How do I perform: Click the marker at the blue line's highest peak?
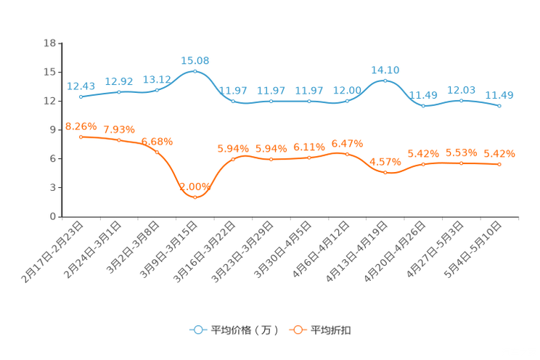(x=195, y=71)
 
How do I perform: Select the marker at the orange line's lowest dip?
(x=195, y=197)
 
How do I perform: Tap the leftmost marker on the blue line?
(x=81, y=97)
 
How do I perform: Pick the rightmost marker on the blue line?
(x=499, y=106)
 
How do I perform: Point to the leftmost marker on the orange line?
(x=81, y=136)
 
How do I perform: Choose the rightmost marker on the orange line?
(x=499, y=164)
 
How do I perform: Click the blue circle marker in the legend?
(x=197, y=330)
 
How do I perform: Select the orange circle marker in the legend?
(x=297, y=330)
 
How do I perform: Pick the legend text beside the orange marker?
(x=331, y=330)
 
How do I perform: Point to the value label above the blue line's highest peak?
(x=195, y=60)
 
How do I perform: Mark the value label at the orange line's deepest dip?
(x=195, y=187)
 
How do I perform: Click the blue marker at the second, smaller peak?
(x=385, y=80)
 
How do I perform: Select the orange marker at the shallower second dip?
(x=385, y=172)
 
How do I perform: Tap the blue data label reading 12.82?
(x=119, y=81)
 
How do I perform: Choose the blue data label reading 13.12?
(x=157, y=78)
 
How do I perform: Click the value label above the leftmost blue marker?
(x=81, y=86)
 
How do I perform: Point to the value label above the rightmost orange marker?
(x=499, y=153)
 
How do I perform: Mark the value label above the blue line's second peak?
(x=385, y=70)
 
